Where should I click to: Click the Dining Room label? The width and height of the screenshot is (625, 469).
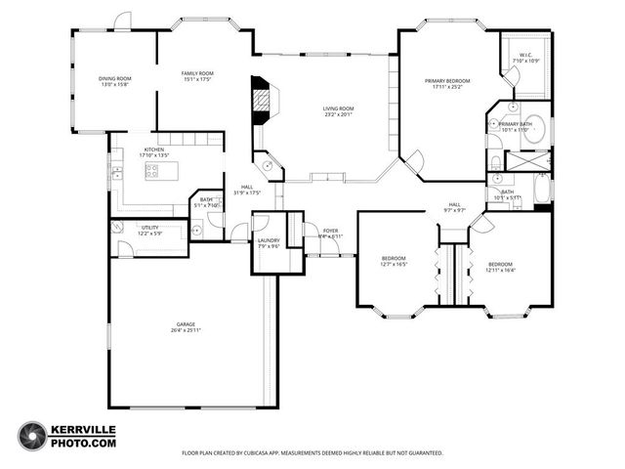114,78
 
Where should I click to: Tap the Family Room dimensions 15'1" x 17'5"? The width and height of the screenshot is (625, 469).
197,79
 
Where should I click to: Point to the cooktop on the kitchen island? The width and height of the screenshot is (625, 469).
153,170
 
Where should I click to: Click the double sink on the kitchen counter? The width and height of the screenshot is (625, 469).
116,173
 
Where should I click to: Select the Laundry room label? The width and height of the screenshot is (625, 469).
268,240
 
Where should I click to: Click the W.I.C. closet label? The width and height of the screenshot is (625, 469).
525,57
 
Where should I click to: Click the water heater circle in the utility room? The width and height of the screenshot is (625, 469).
118,228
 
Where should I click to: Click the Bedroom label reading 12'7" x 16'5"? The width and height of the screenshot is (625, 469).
393,259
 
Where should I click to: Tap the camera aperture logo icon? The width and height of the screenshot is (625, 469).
32,436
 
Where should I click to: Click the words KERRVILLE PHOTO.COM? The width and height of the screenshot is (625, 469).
84,437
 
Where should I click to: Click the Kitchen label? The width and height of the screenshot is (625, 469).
154,149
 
